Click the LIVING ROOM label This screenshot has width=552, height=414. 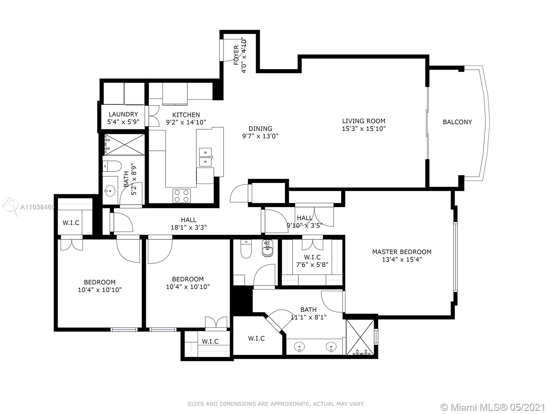pyautogui.click(x=364, y=121)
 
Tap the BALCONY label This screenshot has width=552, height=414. pyautogui.click(x=457, y=122)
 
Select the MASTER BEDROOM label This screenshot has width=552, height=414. pyautogui.click(x=402, y=252)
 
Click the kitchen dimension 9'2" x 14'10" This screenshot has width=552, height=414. pyautogui.click(x=186, y=122)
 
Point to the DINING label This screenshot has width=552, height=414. pyautogui.click(x=260, y=128)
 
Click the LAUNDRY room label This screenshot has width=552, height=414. pyautogui.click(x=123, y=115)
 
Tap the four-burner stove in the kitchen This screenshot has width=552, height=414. pyautogui.click(x=181, y=196)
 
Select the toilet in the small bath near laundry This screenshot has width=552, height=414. pyautogui.click(x=112, y=166)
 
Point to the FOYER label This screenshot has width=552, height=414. pyautogui.click(x=236, y=55)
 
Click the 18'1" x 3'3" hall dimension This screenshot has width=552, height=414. pyautogui.click(x=189, y=227)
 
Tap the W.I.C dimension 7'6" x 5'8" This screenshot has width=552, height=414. pyautogui.click(x=312, y=265)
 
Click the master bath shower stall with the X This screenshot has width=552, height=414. pyautogui.click(x=360, y=337)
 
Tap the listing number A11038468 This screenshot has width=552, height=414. pyautogui.click(x=38, y=207)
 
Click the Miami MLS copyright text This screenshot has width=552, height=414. pyautogui.click(x=493, y=407)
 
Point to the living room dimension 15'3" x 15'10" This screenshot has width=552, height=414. pyautogui.click(x=364, y=129)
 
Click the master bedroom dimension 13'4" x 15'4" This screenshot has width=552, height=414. pyautogui.click(x=402, y=259)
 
